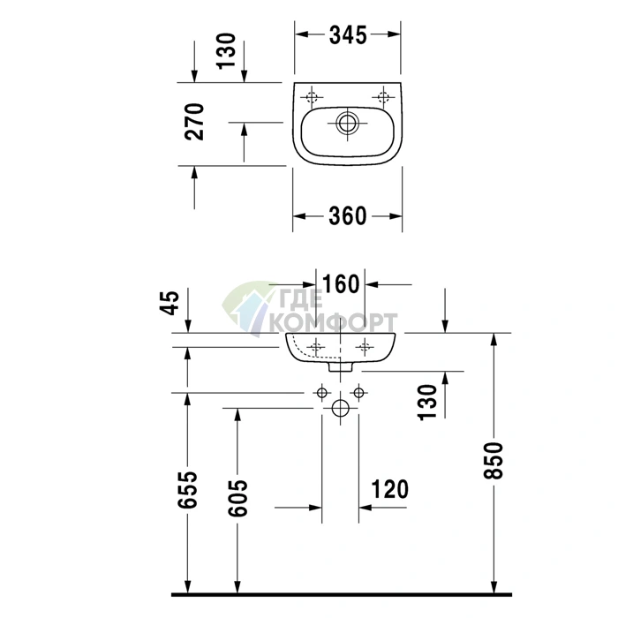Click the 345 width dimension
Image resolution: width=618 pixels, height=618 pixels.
(348, 34)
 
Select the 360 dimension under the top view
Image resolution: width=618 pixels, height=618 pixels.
(348, 216)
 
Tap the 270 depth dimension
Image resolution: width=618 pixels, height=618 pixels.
(194, 122)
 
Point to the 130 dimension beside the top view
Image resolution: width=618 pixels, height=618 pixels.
(227, 51)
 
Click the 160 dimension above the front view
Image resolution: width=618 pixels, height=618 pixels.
(341, 284)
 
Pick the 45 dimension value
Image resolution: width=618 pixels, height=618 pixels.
(170, 303)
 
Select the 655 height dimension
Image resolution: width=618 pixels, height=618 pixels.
(187, 489)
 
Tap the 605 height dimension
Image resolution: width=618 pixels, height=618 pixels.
(237, 498)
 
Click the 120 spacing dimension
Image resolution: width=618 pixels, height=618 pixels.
(390, 489)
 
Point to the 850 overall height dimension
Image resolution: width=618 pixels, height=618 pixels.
(494, 460)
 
